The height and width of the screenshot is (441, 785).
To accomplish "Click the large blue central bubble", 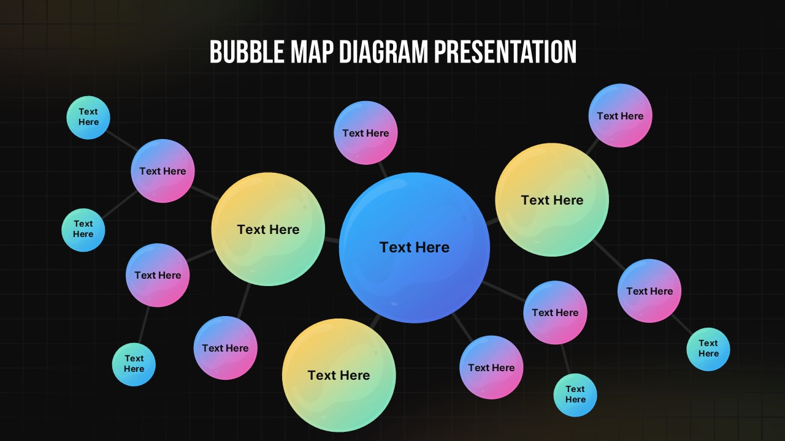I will pos(414,247).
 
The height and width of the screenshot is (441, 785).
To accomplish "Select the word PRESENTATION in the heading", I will pos(505,52).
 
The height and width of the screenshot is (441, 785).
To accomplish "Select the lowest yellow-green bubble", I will pos(339,375).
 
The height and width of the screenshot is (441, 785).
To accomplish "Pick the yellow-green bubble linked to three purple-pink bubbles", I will pos(268,229).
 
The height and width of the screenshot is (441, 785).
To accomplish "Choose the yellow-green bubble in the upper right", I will pos(552,200).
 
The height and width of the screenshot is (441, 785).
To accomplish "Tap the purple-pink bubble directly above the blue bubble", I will pos(366,133).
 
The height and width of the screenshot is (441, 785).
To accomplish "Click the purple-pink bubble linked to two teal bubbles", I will pos(163,171).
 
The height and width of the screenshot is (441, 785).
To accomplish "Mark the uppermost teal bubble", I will pos(88,117).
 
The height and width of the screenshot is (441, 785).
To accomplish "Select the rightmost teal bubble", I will pos(708,349).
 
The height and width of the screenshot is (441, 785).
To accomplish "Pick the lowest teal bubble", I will pos(575,394).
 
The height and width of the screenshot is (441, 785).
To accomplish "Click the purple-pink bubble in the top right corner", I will pos(620,116).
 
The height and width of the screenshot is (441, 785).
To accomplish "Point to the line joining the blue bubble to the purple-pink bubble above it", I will pos(383,170).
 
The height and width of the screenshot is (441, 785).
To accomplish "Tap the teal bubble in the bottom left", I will pos(134,364).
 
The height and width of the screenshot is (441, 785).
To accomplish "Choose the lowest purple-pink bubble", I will pos(491,367).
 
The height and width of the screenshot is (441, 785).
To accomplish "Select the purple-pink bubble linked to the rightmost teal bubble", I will pos(649,291).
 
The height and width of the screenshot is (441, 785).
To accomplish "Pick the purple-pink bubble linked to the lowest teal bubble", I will pos(555,312).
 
